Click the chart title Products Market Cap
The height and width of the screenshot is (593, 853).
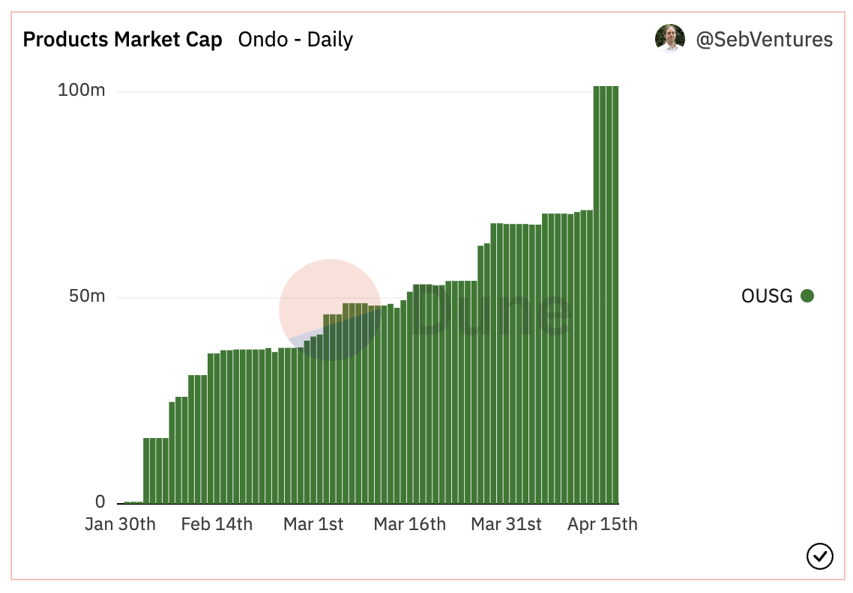(122, 40)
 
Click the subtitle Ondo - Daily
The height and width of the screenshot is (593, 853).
(295, 40)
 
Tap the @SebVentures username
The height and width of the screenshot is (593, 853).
(764, 40)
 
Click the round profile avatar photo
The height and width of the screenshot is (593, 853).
(669, 39)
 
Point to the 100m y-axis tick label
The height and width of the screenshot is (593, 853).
(82, 91)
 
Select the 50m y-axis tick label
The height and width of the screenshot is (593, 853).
(87, 296)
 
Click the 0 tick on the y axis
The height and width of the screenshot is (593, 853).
(100, 502)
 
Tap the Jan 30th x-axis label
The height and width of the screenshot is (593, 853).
(120, 524)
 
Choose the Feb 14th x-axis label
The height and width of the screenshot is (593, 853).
(217, 524)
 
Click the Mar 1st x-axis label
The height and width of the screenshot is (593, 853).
(313, 524)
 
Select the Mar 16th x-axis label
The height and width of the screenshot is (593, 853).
(409, 524)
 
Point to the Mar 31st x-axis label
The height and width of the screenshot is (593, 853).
(506, 524)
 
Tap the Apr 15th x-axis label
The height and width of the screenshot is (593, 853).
(603, 524)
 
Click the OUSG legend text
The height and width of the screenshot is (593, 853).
(767, 296)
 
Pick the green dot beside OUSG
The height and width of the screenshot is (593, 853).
(807, 296)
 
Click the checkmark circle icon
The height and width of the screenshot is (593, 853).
(819, 556)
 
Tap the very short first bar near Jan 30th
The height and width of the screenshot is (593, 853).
(127, 502)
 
